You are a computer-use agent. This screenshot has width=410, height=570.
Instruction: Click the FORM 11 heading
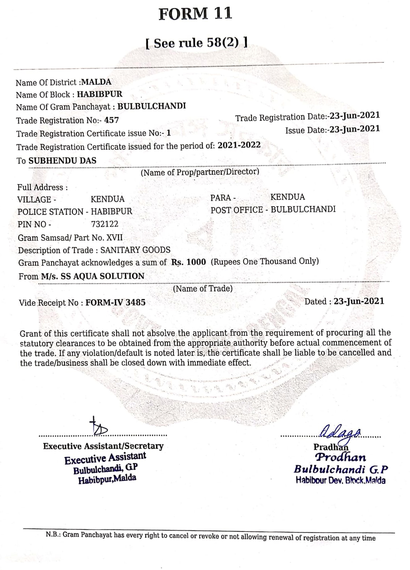point(195,14)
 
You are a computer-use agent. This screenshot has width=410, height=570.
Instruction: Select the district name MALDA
point(96,82)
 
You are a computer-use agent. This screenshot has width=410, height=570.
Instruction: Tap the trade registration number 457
point(111,120)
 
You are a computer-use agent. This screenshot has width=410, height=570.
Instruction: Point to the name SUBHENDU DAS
point(62,161)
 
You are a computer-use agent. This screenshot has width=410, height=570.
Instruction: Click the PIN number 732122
point(105,224)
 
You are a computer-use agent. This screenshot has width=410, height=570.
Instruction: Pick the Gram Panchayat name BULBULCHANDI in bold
point(152,106)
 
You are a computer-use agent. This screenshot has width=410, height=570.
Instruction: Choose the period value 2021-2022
point(239,145)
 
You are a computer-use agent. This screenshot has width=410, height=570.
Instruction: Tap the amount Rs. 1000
point(189,262)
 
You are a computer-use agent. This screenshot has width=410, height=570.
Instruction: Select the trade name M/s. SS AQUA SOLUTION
point(93,276)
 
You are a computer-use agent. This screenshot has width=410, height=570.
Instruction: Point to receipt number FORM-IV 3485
point(115,302)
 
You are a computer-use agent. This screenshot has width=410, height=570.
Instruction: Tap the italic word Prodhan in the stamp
point(341,457)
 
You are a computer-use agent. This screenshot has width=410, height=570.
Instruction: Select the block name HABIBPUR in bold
point(100,94)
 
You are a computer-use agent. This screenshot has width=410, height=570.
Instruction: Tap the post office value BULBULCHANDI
point(303,209)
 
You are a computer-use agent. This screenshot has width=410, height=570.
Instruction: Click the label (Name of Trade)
point(203,288)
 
